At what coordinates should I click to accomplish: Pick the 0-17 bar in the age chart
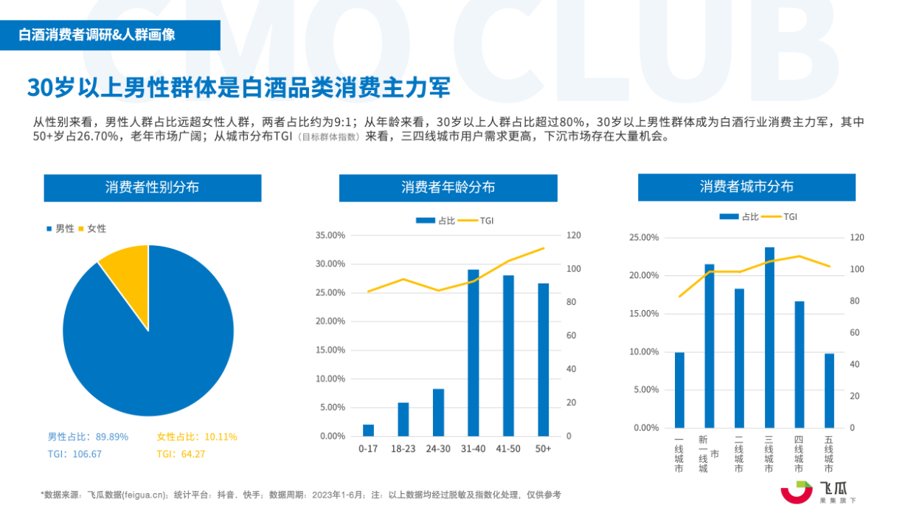point(368,430)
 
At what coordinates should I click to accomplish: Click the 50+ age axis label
point(543,449)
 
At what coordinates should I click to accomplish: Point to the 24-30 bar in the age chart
point(438,412)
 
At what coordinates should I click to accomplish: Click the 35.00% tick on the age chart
point(330,236)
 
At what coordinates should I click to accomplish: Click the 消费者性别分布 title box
point(152,188)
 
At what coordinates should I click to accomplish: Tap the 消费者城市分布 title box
point(746,187)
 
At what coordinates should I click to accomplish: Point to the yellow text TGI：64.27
point(181,454)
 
